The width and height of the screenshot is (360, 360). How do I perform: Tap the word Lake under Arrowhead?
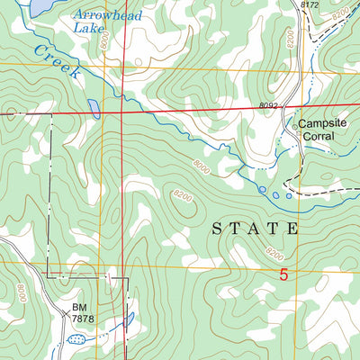click(x=88, y=28)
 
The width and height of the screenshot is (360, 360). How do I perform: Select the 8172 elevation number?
click(x=310, y=5)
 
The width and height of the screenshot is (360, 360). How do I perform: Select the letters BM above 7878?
click(x=80, y=307)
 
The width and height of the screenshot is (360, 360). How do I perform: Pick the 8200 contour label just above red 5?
click(x=274, y=254)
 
